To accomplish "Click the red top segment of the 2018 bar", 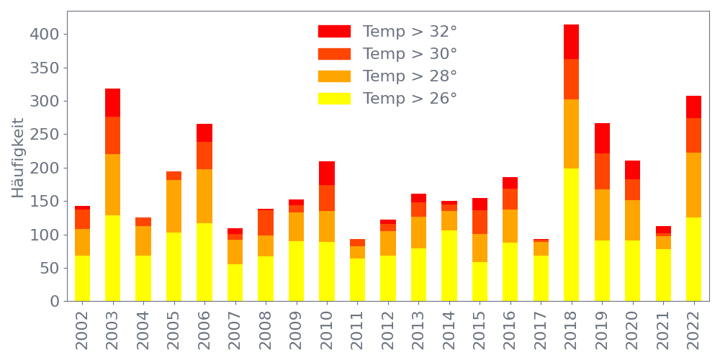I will coord(571,42).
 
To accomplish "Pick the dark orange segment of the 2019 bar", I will coord(602,171).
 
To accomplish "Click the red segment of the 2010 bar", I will coord(327,174).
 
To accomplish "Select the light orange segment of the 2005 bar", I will coord(174,206).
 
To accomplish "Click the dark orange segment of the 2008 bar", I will coord(266,222).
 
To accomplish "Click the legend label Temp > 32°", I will coord(410,32).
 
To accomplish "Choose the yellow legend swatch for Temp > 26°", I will coord(334,99).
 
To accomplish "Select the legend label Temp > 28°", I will coord(410,76).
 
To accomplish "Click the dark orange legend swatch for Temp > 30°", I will coord(334,54).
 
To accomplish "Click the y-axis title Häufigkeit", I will coord(18,167).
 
